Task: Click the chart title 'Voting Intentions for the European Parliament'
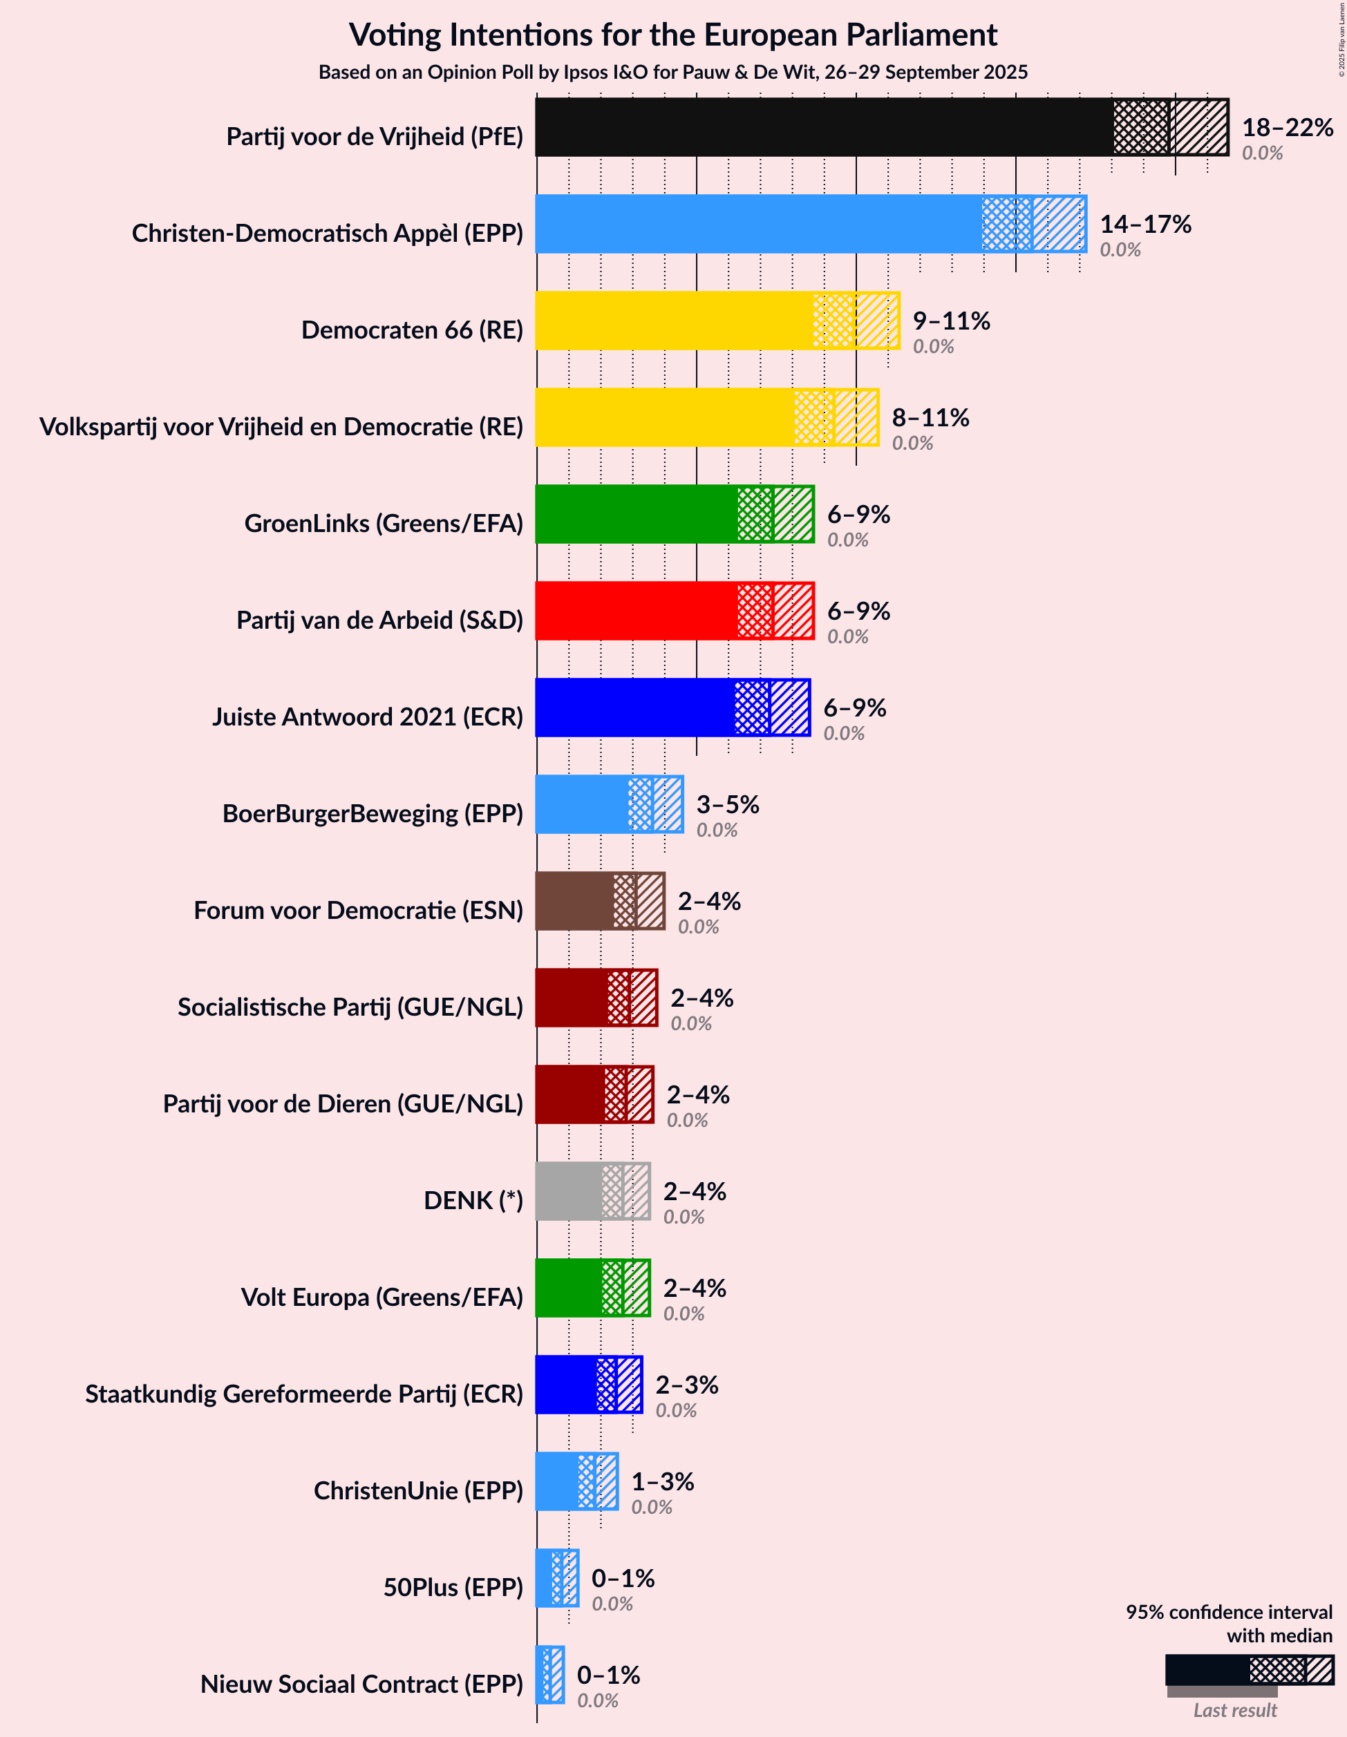(x=672, y=35)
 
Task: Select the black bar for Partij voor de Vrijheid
(x=824, y=127)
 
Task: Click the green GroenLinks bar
(x=637, y=514)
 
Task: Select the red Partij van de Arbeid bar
(x=637, y=611)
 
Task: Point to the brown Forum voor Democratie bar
(x=574, y=901)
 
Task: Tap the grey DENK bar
(x=569, y=1191)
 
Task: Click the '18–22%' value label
(x=1287, y=127)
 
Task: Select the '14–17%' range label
(x=1145, y=225)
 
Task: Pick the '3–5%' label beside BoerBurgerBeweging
(x=727, y=804)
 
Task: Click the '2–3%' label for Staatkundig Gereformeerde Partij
(x=686, y=1385)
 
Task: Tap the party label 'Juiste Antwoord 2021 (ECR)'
(x=368, y=716)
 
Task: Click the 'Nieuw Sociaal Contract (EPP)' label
(x=361, y=1684)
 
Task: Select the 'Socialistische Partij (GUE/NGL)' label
(x=350, y=1007)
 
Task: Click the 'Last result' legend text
(x=1234, y=1710)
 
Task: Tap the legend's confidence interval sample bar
(x=1248, y=1670)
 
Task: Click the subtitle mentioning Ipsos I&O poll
(x=672, y=73)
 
